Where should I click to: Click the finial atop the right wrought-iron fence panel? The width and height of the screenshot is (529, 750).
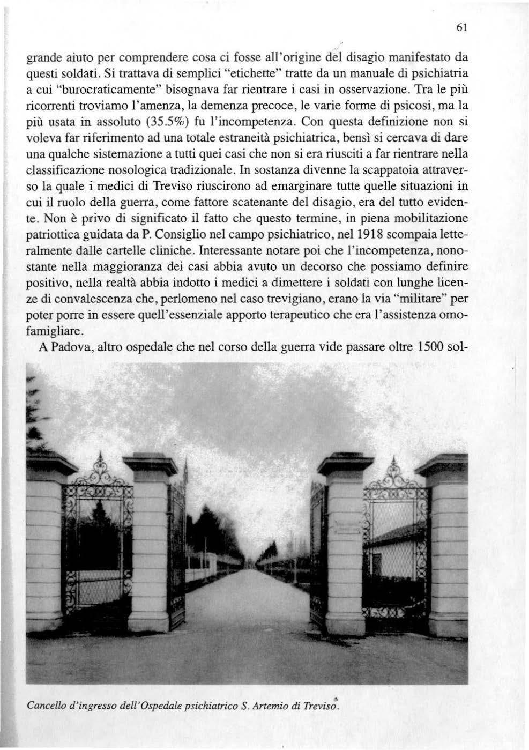394,461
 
